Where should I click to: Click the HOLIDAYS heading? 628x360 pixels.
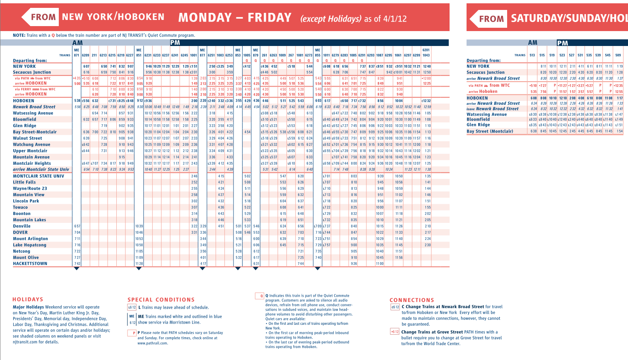(x=28, y=299)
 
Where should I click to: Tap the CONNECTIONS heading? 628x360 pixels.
(x=412, y=300)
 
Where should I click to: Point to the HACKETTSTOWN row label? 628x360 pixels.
(x=30, y=263)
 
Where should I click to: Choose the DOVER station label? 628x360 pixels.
(x=20, y=232)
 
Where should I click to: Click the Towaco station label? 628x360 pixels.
(x=20, y=207)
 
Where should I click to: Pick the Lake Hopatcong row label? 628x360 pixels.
(x=29, y=245)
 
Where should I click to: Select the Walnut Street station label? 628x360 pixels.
(x=27, y=138)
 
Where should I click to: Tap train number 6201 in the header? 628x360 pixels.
(x=426, y=50)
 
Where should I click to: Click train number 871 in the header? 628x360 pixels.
(x=77, y=55)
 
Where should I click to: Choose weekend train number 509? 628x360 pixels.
(x=618, y=55)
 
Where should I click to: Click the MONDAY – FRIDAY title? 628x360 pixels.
(x=235, y=18)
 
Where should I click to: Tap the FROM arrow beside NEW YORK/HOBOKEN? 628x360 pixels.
(x=40, y=17)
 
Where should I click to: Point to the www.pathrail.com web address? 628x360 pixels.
(x=152, y=343)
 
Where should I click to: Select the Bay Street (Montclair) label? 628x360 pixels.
(x=490, y=131)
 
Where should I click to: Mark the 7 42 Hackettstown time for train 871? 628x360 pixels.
(x=77, y=263)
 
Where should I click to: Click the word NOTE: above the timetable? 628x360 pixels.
(x=19, y=35)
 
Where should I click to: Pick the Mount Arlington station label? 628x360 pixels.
(x=30, y=239)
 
